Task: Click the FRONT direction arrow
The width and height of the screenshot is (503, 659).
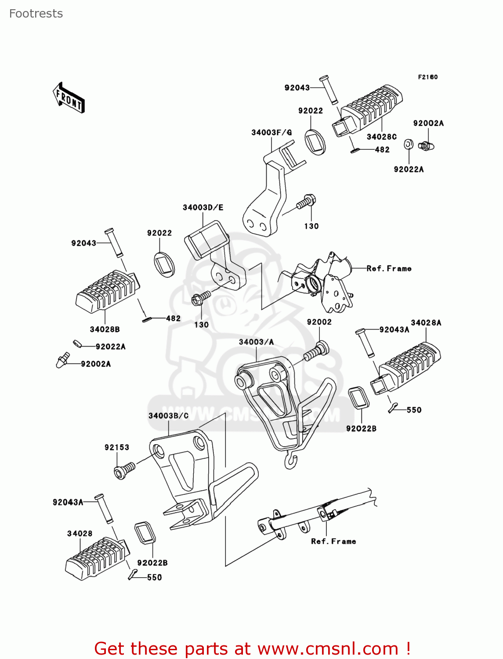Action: (69, 98)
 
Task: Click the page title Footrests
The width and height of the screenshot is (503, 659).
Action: (36, 14)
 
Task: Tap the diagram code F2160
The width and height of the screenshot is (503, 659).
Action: (427, 77)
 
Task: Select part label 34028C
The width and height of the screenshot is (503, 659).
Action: (381, 137)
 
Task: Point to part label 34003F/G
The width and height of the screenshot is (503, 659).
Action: (271, 132)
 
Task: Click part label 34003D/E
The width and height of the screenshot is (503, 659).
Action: (203, 207)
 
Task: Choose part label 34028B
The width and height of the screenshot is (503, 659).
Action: (105, 329)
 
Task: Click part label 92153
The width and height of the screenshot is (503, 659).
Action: (117, 447)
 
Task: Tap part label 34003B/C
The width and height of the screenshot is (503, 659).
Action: (168, 416)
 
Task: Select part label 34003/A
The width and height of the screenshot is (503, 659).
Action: (256, 342)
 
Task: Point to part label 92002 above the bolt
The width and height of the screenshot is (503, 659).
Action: (319, 322)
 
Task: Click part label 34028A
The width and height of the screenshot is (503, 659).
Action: (426, 322)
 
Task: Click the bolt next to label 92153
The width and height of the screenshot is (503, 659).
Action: (124, 471)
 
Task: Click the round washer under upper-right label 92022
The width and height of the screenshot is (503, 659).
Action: (315, 141)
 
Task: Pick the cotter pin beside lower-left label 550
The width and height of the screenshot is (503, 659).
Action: (133, 574)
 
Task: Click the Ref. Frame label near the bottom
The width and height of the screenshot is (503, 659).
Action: (333, 541)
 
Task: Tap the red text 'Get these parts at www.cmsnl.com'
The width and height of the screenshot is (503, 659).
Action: (253, 648)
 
